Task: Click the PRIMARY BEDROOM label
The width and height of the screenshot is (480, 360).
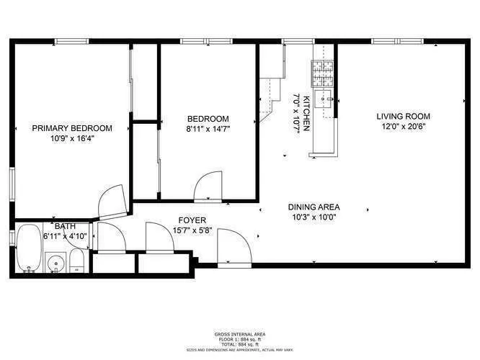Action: [x=72, y=128]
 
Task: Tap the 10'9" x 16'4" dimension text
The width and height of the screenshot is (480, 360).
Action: [x=72, y=138]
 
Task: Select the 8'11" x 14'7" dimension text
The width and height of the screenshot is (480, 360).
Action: [x=208, y=130]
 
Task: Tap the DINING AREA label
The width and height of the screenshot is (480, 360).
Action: [x=314, y=206]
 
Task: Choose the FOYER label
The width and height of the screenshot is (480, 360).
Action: [x=192, y=220]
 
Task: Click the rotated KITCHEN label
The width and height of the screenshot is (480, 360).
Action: [x=306, y=112]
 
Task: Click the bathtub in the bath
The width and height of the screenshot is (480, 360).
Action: [x=29, y=248]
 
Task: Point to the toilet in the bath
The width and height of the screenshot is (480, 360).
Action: [x=77, y=264]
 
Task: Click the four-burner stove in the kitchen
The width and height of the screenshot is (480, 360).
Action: [x=321, y=72]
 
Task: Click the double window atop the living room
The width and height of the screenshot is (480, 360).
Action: [x=398, y=42]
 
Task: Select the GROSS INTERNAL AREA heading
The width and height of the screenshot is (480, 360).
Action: [x=239, y=335]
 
